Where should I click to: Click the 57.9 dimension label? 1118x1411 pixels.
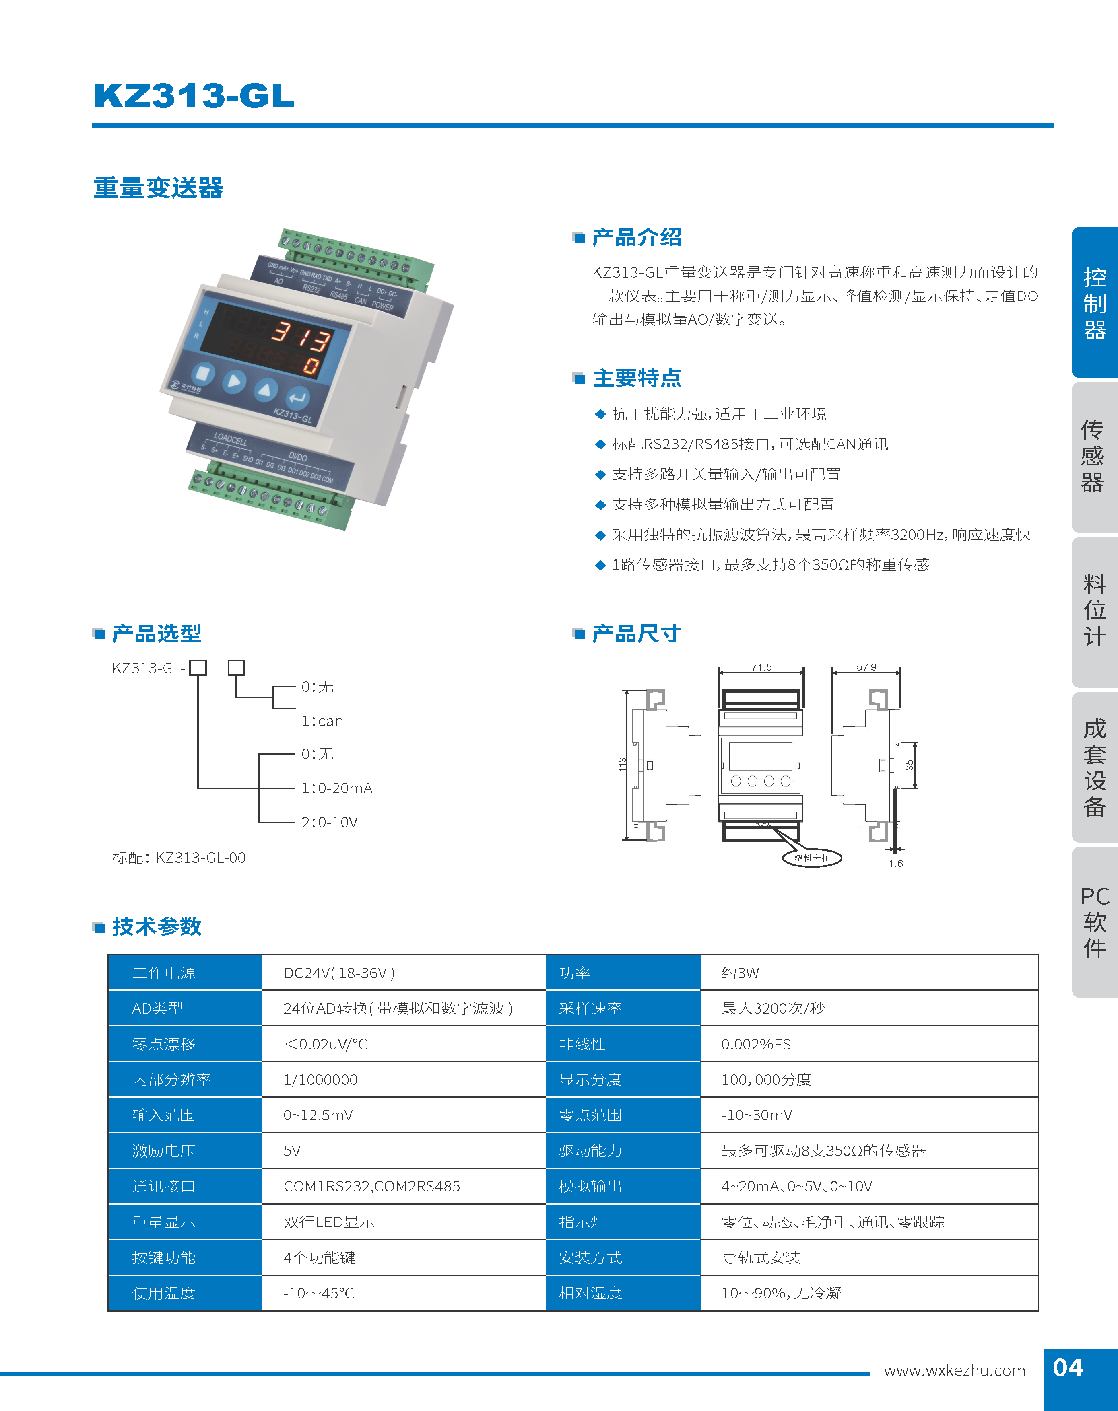[866, 667]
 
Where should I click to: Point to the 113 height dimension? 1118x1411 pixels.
[622, 764]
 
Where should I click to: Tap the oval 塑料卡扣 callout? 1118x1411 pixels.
[812, 858]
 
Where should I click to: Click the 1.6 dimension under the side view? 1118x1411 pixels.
[895, 864]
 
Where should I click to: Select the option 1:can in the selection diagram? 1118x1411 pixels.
[322, 721]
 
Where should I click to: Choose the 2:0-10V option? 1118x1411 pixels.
[329, 822]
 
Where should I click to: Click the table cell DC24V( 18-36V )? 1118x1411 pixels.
[338, 973]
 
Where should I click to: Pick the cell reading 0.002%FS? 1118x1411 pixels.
[755, 1044]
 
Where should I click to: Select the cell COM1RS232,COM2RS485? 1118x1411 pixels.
[371, 1186]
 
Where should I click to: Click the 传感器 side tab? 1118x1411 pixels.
[1093, 456]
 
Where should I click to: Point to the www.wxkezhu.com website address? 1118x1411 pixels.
[954, 1370]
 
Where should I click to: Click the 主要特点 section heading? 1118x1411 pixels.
[636, 378]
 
